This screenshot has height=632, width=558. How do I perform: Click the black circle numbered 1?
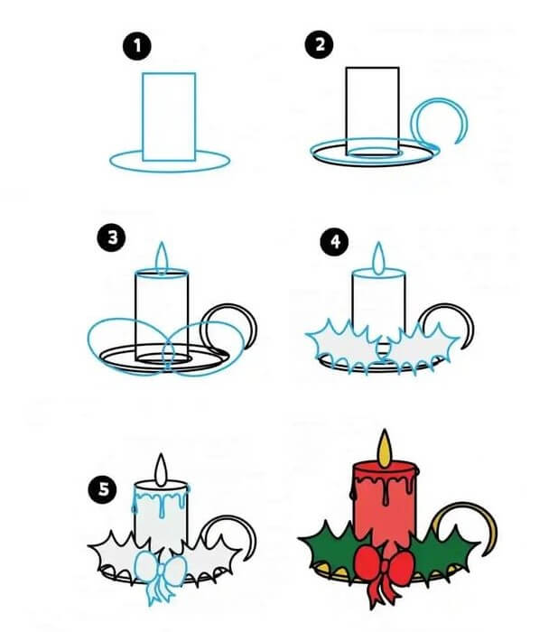(137, 46)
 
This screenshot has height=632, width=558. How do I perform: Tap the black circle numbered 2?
(320, 44)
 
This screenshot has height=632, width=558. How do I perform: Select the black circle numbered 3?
(111, 237)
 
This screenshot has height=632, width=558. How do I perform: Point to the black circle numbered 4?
(335, 241)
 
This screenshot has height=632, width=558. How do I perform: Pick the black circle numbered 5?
(103, 489)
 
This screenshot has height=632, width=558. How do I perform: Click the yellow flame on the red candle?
(385, 449)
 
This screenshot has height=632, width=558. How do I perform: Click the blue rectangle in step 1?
(169, 116)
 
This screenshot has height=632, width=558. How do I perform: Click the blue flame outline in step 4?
(378, 259)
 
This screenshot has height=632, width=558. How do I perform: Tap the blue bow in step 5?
(160, 576)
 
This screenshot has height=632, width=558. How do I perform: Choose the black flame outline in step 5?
(162, 469)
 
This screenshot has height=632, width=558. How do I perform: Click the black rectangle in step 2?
(373, 111)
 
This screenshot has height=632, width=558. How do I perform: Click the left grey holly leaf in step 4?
(343, 347)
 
